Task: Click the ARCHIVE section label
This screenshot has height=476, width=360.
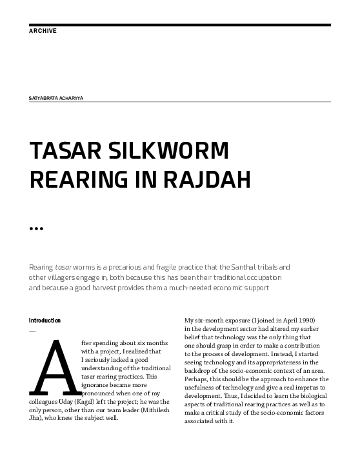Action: pyautogui.click(x=43, y=31)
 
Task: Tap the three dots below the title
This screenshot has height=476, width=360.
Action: pyautogui.click(x=36, y=228)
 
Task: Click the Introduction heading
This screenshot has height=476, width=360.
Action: pyautogui.click(x=45, y=321)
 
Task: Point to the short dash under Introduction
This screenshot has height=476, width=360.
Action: pyautogui.click(x=32, y=330)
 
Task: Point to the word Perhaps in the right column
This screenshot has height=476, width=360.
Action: pyautogui.click(x=198, y=388)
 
